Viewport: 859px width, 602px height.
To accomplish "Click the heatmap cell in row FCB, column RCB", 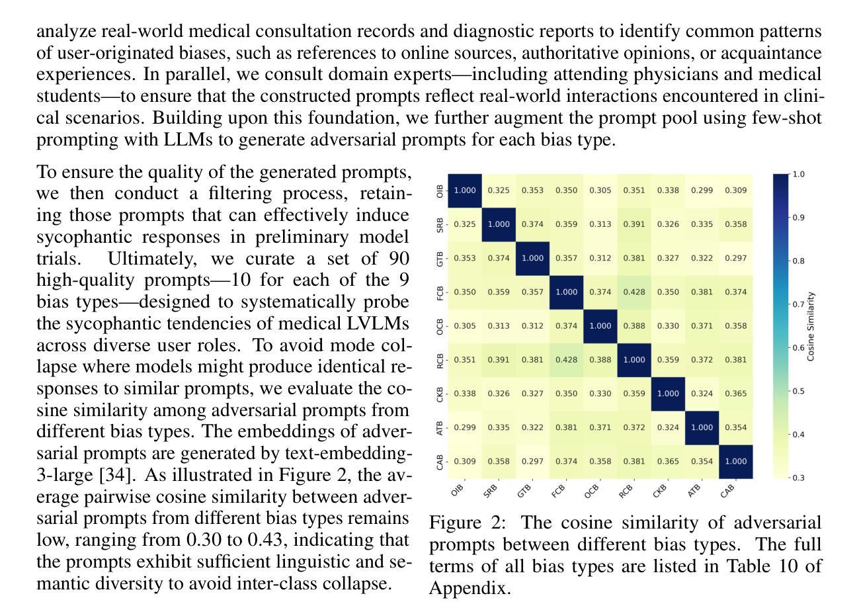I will (x=634, y=292).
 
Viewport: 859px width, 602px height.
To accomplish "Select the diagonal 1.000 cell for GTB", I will (x=532, y=258).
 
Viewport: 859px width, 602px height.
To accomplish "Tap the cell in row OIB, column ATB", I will (x=702, y=191).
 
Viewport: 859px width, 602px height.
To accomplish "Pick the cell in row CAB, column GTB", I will (x=532, y=461).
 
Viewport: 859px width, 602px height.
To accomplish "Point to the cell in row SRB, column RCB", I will (x=634, y=224).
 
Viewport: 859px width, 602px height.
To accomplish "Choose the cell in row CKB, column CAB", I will (x=735, y=394).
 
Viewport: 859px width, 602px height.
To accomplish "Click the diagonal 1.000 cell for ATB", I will (x=702, y=427).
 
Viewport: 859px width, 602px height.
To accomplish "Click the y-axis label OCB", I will (x=440, y=326).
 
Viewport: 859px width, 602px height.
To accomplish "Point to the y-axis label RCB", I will (x=440, y=360).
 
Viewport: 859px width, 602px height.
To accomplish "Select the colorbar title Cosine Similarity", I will (x=811, y=326).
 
